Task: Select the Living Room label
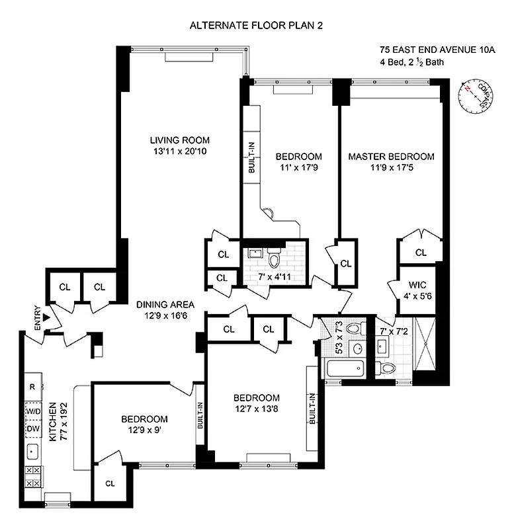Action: coord(179,140)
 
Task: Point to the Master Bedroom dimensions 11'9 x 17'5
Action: coord(391,168)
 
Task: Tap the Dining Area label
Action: coord(165,305)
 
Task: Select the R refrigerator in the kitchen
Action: coord(31,387)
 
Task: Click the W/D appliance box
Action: coord(32,411)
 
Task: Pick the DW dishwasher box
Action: coord(32,428)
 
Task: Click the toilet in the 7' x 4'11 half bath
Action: coord(273,254)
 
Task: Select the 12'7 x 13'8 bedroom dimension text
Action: coord(256,409)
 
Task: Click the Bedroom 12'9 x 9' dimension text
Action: coord(144,430)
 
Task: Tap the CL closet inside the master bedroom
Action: coord(420,252)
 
